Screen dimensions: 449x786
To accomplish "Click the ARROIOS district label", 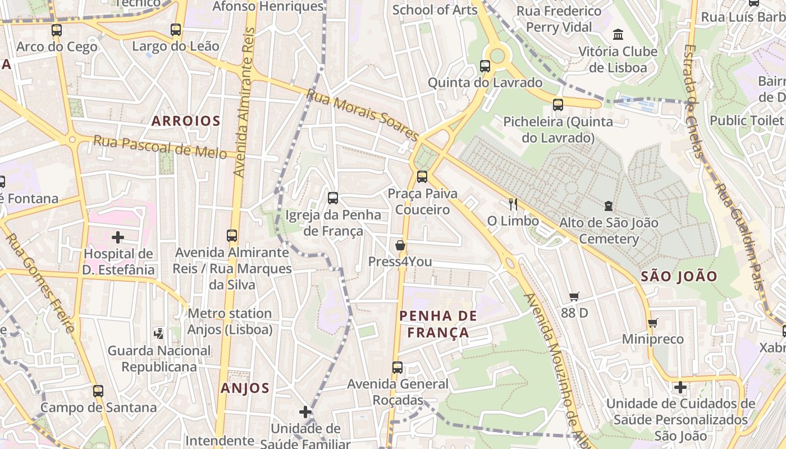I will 186,121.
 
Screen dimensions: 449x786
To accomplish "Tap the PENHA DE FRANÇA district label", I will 438,324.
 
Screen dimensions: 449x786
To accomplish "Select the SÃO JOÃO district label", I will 679,276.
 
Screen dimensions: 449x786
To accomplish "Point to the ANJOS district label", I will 245,388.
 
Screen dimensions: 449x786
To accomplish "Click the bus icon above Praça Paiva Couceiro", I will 422,177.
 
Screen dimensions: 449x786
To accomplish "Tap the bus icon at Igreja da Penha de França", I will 333,198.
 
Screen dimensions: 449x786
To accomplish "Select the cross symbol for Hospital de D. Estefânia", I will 118,237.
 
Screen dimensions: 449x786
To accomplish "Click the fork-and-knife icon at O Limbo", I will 513,204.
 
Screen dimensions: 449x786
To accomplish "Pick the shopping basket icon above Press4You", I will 400,245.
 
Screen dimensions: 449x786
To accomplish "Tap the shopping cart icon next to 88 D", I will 574,296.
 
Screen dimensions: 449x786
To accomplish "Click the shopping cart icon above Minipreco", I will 652,323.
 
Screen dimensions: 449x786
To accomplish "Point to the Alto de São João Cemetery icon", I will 609,206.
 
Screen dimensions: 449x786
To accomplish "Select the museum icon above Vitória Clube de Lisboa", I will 618,35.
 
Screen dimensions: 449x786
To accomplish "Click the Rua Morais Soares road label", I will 362,115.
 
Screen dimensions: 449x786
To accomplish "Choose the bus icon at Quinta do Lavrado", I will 485,66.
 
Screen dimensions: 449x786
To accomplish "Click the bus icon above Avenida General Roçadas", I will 397,368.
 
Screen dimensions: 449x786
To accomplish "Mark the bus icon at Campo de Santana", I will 98,391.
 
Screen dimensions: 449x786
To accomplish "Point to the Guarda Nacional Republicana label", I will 159,359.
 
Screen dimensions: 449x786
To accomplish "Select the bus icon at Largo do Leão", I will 176,29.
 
